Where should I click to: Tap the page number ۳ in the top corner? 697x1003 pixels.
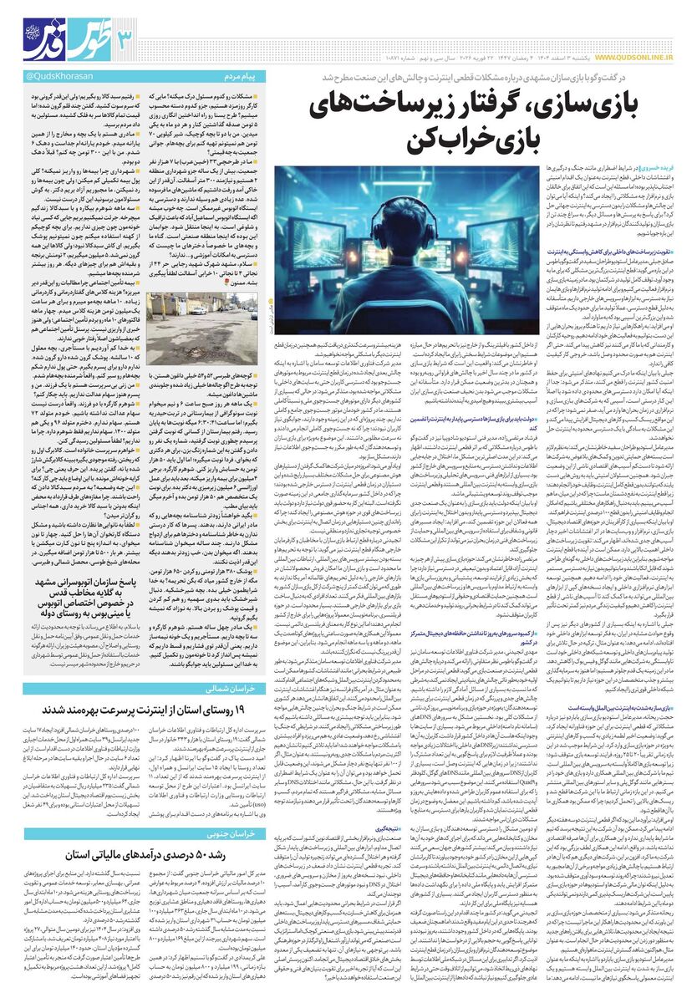click(124, 38)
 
